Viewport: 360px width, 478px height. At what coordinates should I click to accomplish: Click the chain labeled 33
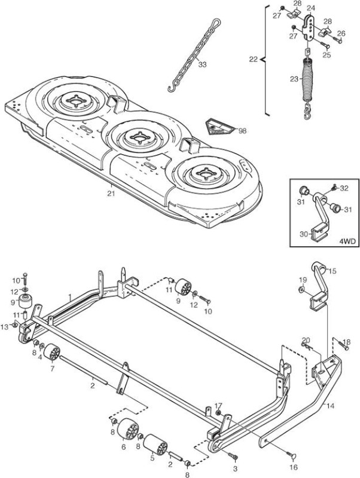pyautogui.click(x=194, y=55)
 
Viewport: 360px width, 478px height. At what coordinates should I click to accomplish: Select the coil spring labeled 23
pyautogui.click(x=307, y=80)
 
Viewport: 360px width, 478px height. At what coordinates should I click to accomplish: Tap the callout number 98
pyautogui.click(x=242, y=131)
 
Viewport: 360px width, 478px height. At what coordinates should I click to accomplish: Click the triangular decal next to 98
pyautogui.click(x=219, y=127)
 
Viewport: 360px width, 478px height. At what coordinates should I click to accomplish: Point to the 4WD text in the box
pyautogui.click(x=347, y=241)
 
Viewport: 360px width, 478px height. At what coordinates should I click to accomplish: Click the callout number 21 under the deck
pyautogui.click(x=111, y=193)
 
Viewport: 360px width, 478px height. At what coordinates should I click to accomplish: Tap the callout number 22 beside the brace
pyautogui.click(x=253, y=59)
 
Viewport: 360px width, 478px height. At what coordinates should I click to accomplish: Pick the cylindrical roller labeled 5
pyautogui.click(x=155, y=445)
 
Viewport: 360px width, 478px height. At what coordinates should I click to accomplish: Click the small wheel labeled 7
pyautogui.click(x=51, y=353)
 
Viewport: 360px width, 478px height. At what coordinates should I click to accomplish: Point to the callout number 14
pyautogui.click(x=330, y=406)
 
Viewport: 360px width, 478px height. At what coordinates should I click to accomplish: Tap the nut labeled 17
pyautogui.click(x=218, y=412)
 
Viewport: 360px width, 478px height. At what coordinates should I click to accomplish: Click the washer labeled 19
pyautogui.click(x=301, y=289)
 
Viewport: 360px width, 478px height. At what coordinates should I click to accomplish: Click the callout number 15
pyautogui.click(x=332, y=271)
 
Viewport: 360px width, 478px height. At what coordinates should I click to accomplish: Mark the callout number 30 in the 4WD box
pyautogui.click(x=304, y=234)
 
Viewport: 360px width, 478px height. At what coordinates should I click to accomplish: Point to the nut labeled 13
pyautogui.click(x=14, y=325)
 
